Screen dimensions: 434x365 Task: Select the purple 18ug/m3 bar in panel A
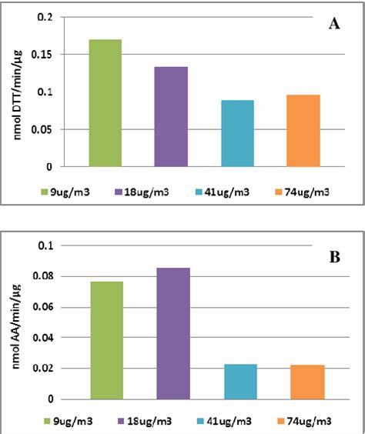point(171,116)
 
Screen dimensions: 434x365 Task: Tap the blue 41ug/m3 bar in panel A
point(237,133)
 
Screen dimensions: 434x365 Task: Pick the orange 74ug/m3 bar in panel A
point(303,131)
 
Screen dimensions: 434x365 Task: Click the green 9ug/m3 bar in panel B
point(106,340)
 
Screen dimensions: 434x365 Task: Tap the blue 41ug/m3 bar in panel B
point(239,381)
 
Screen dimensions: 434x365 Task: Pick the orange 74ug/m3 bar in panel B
point(306,382)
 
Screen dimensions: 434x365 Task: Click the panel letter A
point(334,24)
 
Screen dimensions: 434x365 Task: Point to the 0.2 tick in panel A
point(46,17)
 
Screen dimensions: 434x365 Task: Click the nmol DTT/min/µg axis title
point(18,92)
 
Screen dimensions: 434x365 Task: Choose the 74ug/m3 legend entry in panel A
point(303,189)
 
